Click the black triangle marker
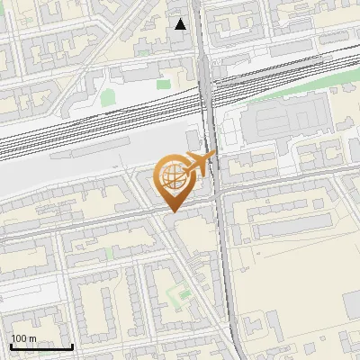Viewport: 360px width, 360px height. [x=181, y=24]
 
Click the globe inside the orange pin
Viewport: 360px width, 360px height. [x=172, y=179]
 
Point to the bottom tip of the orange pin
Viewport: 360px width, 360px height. [x=172, y=211]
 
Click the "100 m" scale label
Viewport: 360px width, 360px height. [x=23, y=338]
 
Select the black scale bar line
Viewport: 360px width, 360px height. [x=41, y=346]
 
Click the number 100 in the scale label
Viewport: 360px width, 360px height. [x=19, y=338]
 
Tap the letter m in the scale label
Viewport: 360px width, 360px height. [x=32, y=338]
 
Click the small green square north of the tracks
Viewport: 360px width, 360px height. [x=164, y=84]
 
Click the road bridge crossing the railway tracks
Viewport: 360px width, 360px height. [x=206, y=99]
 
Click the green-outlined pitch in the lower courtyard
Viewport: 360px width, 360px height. [x=183, y=293]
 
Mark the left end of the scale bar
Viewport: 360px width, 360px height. [x=11, y=346]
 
